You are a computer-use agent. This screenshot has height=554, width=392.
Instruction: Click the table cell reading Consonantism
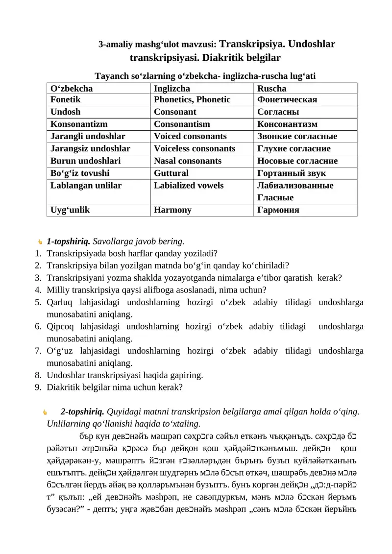(182, 124)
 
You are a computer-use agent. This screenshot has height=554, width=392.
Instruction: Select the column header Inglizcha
(172, 89)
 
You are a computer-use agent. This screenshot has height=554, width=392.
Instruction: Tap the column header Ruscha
(272, 89)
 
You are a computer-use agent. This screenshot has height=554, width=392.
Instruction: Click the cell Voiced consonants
(190, 137)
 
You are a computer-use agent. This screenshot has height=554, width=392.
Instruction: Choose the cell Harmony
(172, 210)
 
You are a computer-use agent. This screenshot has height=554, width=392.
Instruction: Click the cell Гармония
(278, 210)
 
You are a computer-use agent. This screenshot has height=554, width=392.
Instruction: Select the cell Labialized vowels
(189, 186)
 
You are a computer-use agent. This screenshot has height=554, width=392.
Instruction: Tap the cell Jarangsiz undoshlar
(90, 149)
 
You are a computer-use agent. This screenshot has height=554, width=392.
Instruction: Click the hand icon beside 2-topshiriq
(45, 412)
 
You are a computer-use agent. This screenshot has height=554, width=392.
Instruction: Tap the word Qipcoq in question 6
(61, 326)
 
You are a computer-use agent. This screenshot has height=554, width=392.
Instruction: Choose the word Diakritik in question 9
(63, 387)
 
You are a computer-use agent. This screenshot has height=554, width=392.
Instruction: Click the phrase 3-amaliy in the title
(115, 45)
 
